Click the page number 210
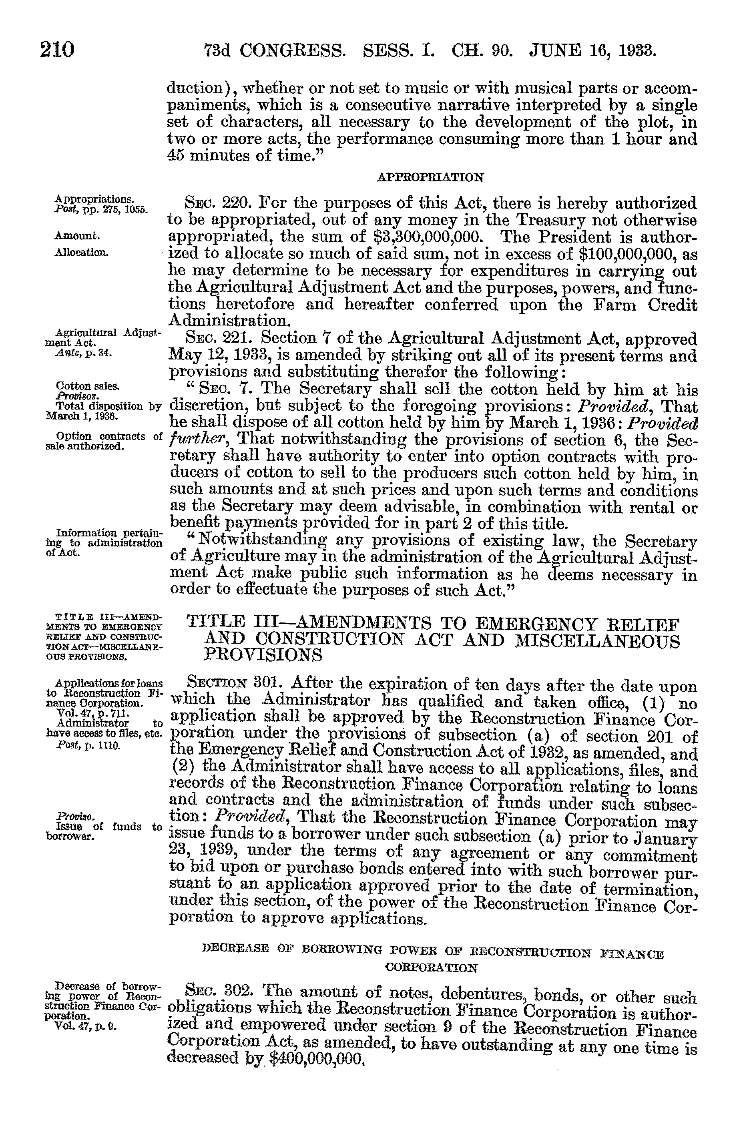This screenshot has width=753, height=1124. pos(57,50)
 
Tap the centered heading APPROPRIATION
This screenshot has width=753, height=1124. pos(430,177)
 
